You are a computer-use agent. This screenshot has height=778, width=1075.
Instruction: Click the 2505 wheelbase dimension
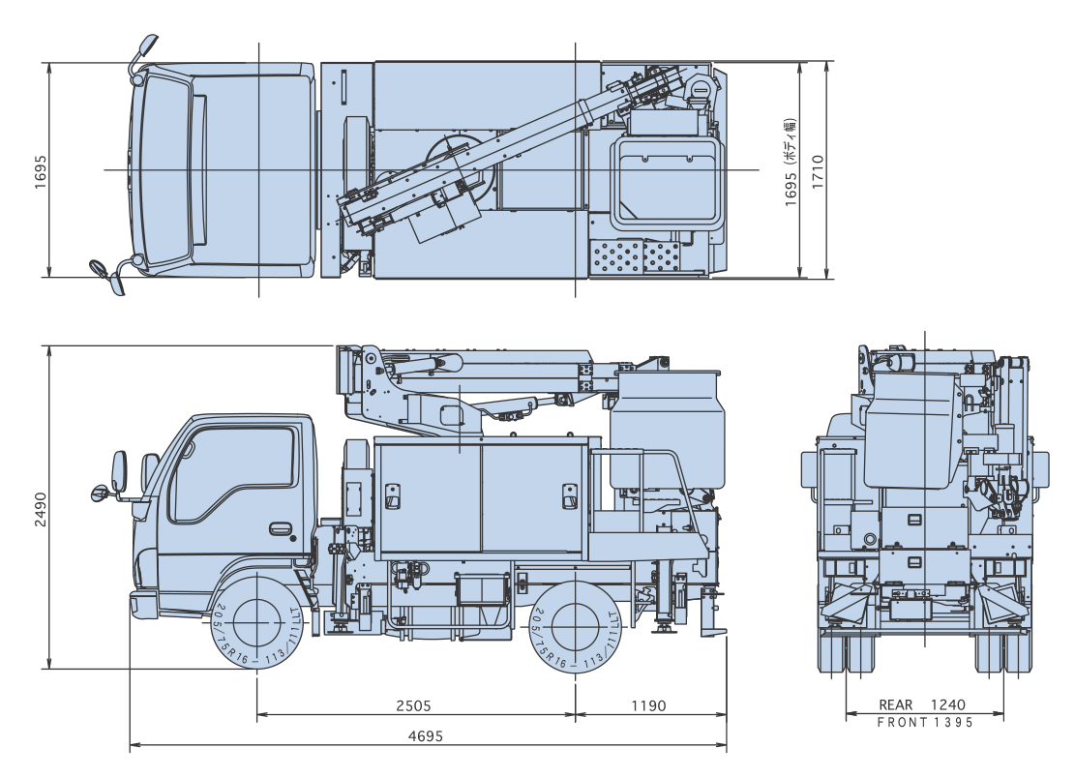tap(413, 705)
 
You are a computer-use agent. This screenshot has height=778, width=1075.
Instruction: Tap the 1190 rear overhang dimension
tap(648, 705)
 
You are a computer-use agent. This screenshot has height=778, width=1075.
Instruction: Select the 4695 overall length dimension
tap(425, 734)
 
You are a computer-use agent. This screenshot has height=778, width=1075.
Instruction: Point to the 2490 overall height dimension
tap(39, 506)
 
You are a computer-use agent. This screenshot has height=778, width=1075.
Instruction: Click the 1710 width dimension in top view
tap(819, 170)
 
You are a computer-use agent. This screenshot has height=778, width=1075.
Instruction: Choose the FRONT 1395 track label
tap(924, 722)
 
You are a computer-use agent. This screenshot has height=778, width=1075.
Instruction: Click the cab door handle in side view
tap(281, 529)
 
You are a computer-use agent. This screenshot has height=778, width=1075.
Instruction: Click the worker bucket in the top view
tap(669, 178)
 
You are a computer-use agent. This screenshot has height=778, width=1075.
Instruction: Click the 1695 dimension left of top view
tap(39, 170)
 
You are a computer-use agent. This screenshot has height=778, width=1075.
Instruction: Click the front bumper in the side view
tap(143, 604)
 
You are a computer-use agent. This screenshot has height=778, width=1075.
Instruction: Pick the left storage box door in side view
tap(427, 496)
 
